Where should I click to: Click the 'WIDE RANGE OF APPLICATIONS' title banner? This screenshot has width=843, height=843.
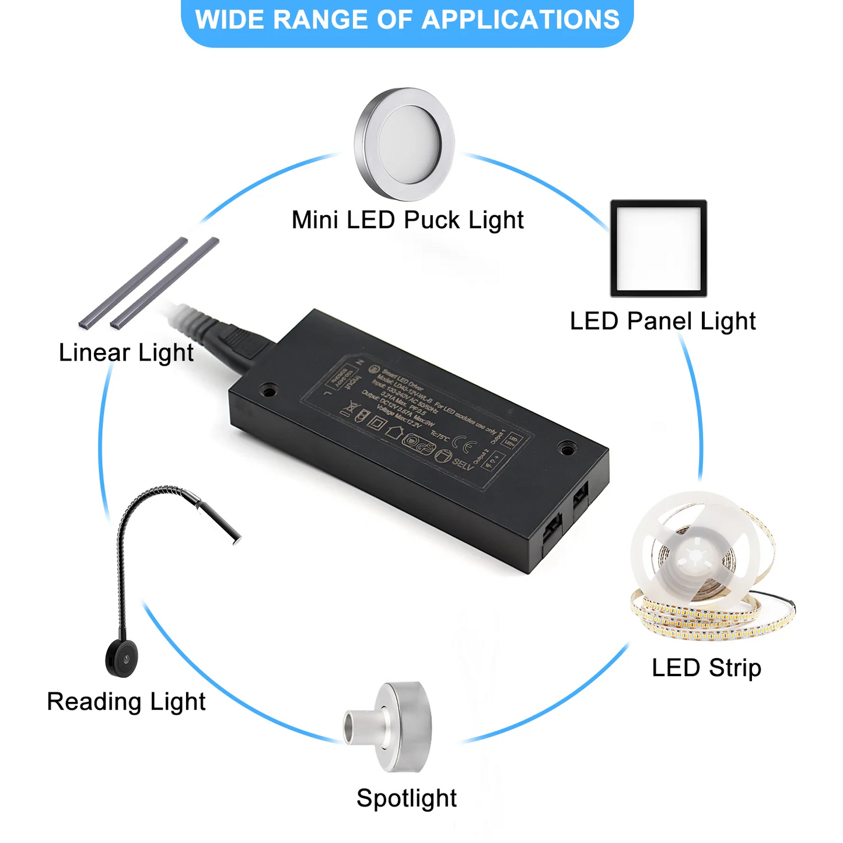pos(407,21)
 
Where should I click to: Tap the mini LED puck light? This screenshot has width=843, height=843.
pos(404,143)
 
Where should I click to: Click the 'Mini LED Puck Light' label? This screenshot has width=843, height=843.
pos(407,221)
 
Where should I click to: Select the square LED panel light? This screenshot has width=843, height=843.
pos(659,249)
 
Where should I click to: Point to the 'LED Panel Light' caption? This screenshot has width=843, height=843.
pos(662,321)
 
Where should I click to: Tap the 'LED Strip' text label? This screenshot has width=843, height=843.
pos(706,668)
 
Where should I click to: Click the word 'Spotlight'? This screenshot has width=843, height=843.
pos(407,798)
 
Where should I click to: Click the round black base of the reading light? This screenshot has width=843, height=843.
pos(121,658)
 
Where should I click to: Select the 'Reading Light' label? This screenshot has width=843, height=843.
pos(126,702)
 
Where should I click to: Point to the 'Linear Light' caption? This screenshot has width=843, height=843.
pos(126,353)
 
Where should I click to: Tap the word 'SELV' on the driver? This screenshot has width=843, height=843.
pos(463,465)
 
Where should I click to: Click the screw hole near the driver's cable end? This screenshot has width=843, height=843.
pos(269,389)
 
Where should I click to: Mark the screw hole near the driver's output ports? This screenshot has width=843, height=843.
pos(565,449)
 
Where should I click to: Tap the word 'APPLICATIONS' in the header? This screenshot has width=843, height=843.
pos(520,21)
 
